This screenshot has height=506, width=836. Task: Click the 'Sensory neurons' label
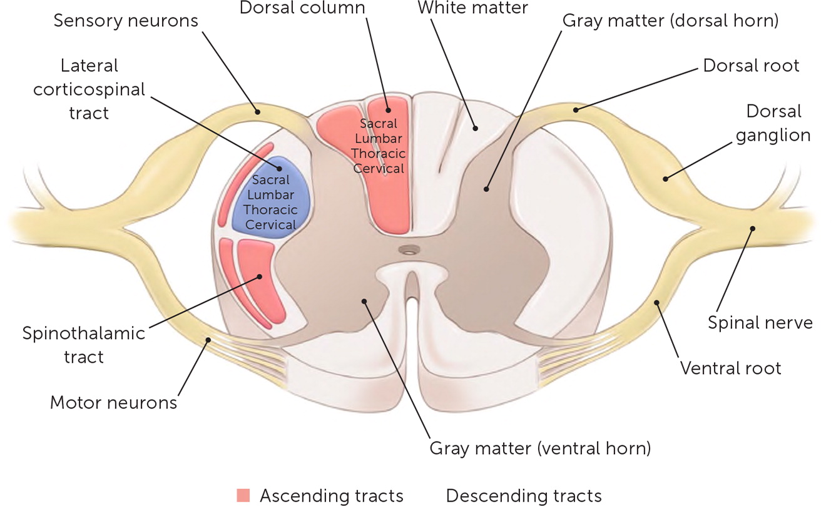(125, 21)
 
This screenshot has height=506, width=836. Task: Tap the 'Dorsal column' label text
(302, 8)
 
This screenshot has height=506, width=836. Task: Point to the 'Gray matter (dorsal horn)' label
(670, 21)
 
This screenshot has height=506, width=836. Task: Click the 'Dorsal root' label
(752, 65)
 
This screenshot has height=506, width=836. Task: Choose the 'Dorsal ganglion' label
(773, 123)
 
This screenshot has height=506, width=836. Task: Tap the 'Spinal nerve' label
(760, 322)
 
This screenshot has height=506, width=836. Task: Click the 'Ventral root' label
(731, 367)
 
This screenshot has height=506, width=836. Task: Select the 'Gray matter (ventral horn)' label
(540, 448)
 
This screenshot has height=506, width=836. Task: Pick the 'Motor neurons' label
(113, 402)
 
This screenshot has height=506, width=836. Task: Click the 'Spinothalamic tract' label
(83, 345)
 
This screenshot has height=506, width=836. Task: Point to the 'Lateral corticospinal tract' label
(89, 89)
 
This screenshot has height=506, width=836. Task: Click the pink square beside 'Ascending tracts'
(243, 495)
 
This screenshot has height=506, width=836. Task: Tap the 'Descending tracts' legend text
(523, 496)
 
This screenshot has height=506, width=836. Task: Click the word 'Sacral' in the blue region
(270, 180)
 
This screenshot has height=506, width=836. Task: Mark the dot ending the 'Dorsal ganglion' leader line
(665, 179)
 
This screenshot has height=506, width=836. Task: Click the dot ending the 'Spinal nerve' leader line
(753, 228)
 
